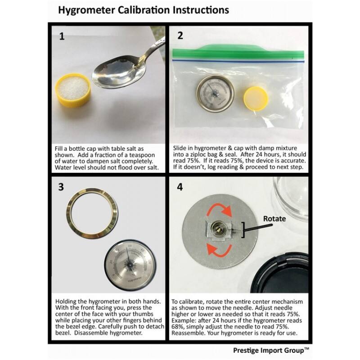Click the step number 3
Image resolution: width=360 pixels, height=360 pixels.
click(62, 188)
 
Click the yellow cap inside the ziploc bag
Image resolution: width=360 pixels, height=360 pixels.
click(257, 99)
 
